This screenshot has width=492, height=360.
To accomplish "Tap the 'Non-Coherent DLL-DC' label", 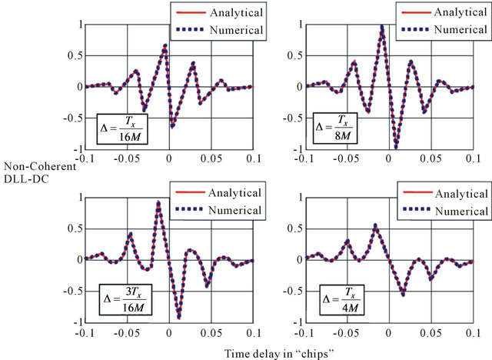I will pyautogui.click(x=41, y=172).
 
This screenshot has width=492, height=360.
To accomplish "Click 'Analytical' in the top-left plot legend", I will pyautogui.click(x=232, y=13).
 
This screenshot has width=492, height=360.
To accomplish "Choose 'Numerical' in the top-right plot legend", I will pyautogui.click(x=452, y=30).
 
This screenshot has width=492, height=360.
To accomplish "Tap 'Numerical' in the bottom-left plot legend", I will pyautogui.click(x=232, y=210).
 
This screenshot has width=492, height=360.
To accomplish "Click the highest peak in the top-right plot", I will pyautogui.click(x=382, y=27).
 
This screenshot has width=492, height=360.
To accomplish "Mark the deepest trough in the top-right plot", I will pyautogui.click(x=396, y=145).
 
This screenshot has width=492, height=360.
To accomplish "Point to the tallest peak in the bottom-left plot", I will pyautogui.click(x=158, y=203).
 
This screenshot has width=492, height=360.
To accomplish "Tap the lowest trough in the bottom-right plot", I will pyautogui.click(x=402, y=293).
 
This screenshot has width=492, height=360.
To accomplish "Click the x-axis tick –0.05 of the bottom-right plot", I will pyautogui.click(x=348, y=331).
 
